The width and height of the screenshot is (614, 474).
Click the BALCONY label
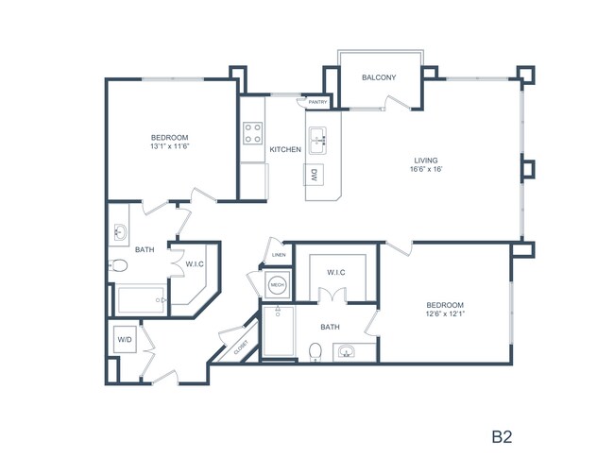(x=379, y=77)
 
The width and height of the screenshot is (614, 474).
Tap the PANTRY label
(x=316, y=102)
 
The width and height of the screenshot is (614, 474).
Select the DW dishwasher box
(x=315, y=175)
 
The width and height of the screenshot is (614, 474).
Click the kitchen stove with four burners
(x=252, y=133)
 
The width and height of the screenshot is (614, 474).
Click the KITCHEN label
(x=285, y=150)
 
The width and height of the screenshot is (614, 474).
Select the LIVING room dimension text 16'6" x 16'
(x=425, y=171)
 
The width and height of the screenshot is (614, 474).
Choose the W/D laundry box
(x=124, y=339)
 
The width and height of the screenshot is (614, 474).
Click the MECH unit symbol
(x=277, y=284)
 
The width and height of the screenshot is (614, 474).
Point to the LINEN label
(x=278, y=255)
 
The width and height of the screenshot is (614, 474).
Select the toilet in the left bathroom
(x=118, y=266)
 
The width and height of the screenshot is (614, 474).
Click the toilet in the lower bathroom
(x=316, y=352)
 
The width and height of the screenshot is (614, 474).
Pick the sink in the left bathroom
(x=121, y=232)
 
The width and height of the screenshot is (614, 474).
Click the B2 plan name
(x=501, y=437)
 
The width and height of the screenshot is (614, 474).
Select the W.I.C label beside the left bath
(x=196, y=263)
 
